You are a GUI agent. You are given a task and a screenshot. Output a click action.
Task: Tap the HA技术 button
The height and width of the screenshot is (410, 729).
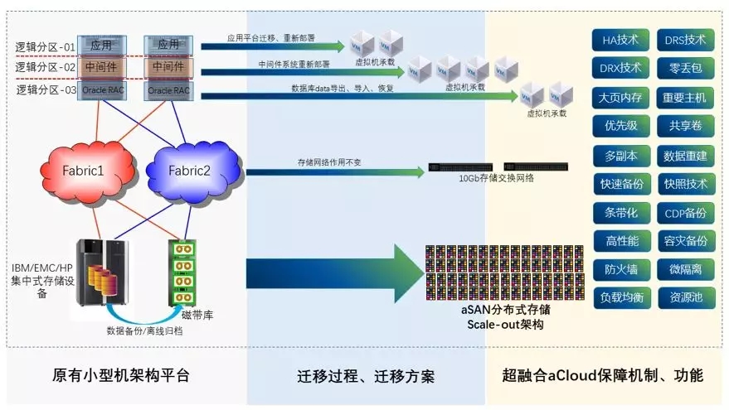tap(620, 40)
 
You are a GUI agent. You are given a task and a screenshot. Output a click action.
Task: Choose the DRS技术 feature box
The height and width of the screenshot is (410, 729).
tap(685, 40)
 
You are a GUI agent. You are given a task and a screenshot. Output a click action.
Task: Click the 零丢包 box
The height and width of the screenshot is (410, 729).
tap(685, 68)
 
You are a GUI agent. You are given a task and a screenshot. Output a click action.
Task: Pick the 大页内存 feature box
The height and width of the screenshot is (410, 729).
tap(620, 97)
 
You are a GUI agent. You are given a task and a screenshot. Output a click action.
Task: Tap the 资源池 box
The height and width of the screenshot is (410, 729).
tap(685, 297)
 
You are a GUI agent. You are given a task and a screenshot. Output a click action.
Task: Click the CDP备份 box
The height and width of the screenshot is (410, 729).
tap(685, 212)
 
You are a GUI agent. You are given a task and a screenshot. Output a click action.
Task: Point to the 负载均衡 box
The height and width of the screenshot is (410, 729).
tap(620, 297)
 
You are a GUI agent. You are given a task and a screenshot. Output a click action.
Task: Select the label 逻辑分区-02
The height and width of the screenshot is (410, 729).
tap(45, 66)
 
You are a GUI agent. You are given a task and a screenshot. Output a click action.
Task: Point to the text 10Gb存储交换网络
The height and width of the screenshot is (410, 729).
tap(497, 177)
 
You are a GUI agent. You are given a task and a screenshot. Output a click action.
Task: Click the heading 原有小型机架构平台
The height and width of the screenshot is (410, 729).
tap(121, 375)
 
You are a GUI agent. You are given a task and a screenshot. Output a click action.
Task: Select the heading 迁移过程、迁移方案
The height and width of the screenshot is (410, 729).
tap(365, 376)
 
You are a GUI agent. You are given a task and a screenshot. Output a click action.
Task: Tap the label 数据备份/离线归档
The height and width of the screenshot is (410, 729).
tap(144, 330)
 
